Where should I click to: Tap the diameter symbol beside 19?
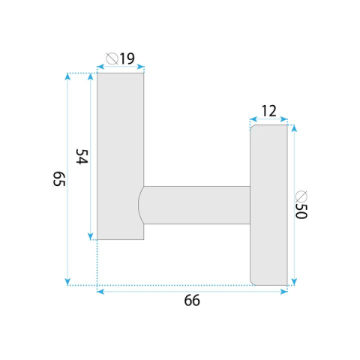(112, 58)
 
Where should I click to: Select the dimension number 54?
(82, 157)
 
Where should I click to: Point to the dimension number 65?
(59, 179)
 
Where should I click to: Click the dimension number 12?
(268, 111)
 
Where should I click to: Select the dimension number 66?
(192, 301)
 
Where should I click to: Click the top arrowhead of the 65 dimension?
(68, 76)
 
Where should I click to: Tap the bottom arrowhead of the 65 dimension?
(68, 281)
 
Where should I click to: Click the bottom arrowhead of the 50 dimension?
(293, 281)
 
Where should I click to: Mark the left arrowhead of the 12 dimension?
(253, 119)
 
